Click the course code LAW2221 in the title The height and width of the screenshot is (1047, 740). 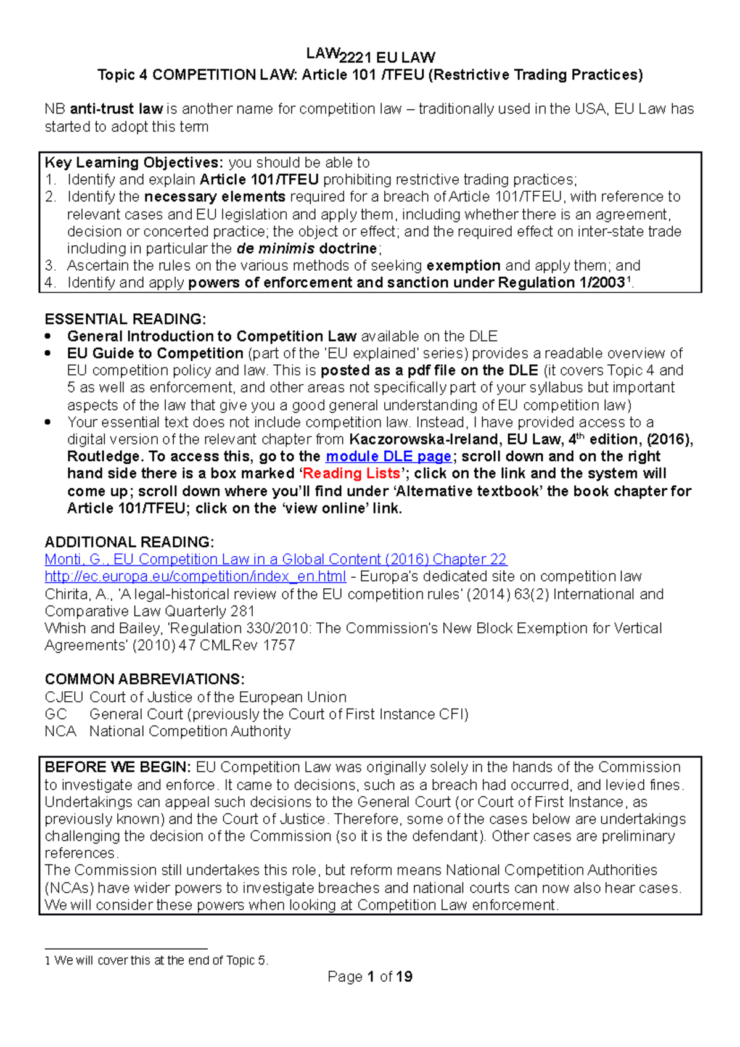(339, 56)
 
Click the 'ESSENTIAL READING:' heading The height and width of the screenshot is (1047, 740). (125, 319)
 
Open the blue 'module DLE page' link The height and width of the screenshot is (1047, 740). (388, 456)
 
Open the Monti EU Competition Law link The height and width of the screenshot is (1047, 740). (276, 559)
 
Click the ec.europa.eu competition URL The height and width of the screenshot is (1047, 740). (195, 577)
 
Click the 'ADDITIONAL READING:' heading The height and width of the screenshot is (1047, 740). (129, 542)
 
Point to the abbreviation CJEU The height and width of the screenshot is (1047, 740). (64, 697)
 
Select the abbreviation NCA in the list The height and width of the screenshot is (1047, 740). (60, 731)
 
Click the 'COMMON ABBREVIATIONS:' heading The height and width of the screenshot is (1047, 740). (144, 680)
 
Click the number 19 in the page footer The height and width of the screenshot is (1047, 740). (405, 977)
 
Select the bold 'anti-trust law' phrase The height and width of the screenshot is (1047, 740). (117, 109)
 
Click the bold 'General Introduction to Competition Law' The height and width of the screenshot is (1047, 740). (212, 337)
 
